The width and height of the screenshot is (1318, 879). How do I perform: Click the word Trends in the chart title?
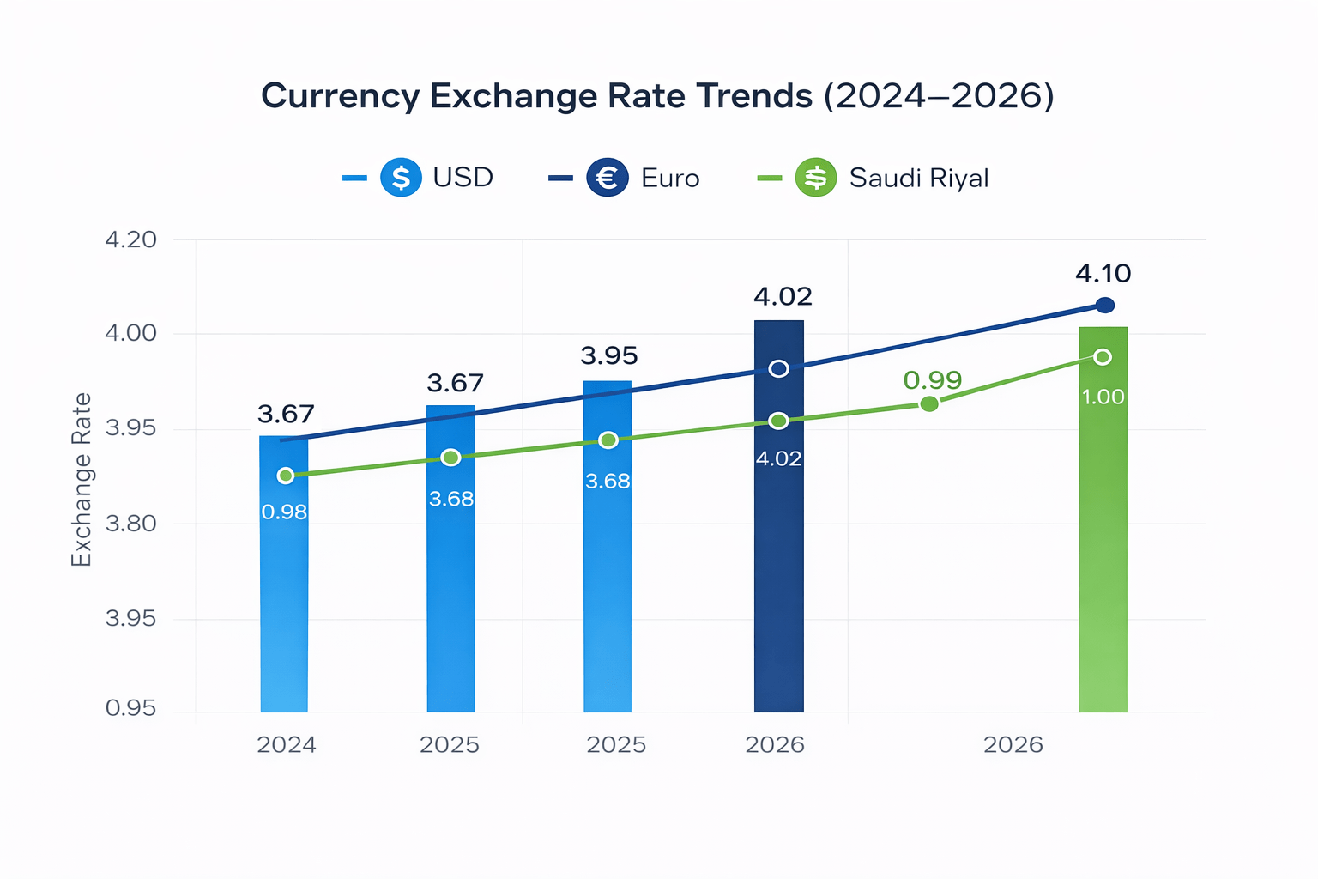pos(751,95)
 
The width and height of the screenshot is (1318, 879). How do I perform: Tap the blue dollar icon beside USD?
pos(401,177)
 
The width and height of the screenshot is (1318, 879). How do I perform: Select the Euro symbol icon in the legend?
pos(608,177)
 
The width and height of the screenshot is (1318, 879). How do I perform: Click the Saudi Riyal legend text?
pos(918,178)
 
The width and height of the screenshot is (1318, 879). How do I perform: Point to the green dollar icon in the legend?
pos(815,177)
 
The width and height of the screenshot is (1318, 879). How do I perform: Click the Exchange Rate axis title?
pos(82,480)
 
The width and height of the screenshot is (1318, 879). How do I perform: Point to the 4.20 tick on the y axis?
pos(130,239)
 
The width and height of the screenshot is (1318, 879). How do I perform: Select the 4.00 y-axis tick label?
pos(130,333)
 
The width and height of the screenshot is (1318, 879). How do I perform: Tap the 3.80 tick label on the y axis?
pos(130,524)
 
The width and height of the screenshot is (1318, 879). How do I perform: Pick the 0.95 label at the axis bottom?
pos(130,707)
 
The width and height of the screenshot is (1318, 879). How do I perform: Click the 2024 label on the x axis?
pos(287,745)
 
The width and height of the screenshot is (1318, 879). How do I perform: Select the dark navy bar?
pos(779,517)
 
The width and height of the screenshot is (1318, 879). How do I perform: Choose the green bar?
pos(1103,519)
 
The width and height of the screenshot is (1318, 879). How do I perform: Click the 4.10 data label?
pos(1103,274)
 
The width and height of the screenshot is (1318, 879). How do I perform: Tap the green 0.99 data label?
pos(933,380)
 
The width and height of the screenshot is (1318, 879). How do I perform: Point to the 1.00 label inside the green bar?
pos(1103,397)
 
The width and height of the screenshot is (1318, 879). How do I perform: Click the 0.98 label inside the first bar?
pos(284,512)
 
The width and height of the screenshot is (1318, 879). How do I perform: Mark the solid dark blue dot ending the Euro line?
pos(1105,305)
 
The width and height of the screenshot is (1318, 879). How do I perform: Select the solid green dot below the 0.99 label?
pos(929,404)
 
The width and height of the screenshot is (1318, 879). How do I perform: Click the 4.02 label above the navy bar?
pos(783,297)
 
